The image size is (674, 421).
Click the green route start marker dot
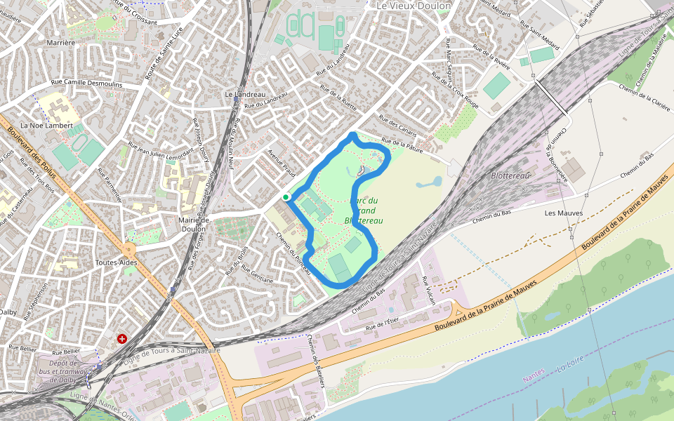[x=286, y=198]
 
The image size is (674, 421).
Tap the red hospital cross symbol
[x=123, y=339]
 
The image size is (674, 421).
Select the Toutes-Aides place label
[x=115, y=262]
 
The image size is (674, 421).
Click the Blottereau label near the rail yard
[x=510, y=175]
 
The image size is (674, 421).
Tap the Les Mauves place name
[x=559, y=213]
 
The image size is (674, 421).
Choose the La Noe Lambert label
[x=46, y=126]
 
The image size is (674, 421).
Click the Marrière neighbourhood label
[x=60, y=43]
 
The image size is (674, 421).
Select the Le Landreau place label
[x=245, y=94]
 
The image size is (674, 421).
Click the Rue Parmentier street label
[x=112, y=185]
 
